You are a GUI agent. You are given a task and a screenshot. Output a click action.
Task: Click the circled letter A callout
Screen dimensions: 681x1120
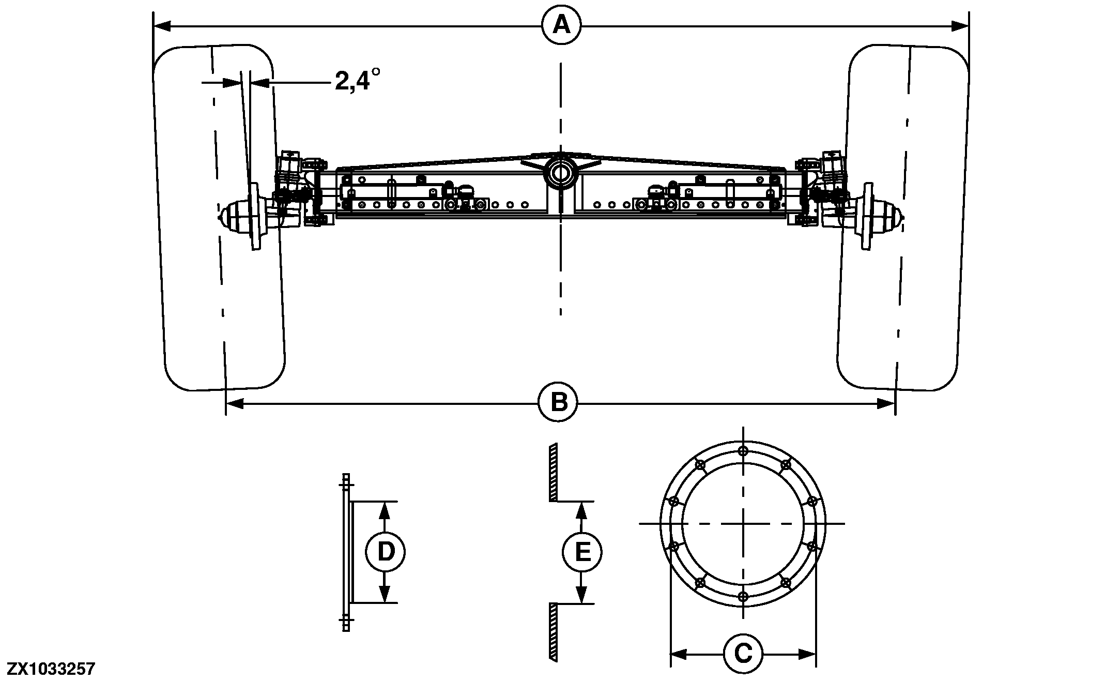pos(561,24)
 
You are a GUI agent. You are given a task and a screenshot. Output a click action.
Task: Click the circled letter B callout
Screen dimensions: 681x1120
pos(558,402)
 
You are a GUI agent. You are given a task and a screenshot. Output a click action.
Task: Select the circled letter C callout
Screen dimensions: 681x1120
pos(743,654)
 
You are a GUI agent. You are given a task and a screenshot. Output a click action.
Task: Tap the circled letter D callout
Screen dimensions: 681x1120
pos(385,552)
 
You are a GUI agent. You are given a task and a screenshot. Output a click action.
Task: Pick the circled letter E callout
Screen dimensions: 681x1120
pos(582,553)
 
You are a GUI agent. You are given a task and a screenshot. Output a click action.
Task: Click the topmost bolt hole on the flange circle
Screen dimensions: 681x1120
pos(743,451)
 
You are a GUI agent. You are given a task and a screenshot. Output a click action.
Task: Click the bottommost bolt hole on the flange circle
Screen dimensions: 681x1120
pos(743,597)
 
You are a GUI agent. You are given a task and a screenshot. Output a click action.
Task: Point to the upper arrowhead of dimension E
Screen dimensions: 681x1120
pos(582,509)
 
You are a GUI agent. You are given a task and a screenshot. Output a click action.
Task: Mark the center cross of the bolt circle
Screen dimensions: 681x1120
pos(743,524)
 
